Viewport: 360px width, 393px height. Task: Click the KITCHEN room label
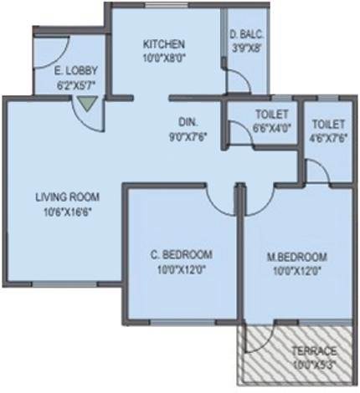[x=163, y=44]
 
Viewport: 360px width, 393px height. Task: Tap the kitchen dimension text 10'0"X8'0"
[x=163, y=59]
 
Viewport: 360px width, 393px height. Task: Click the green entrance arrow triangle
[x=84, y=105]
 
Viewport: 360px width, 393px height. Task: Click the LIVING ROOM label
[x=67, y=197]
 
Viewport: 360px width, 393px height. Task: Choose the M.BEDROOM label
[x=298, y=256]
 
